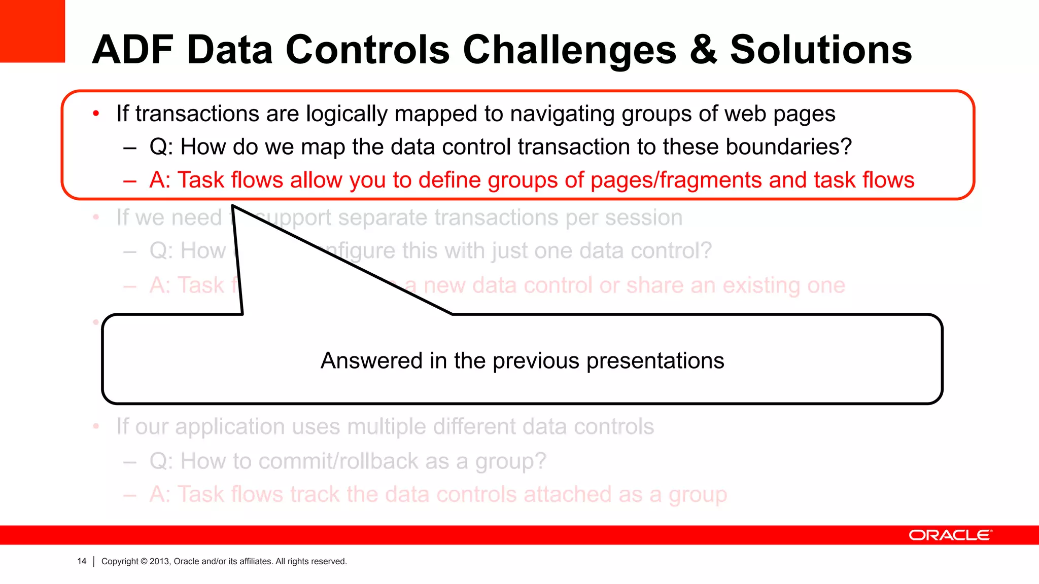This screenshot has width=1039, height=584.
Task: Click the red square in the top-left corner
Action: pos(32,30)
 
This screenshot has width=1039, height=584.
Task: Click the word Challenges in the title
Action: pos(569,50)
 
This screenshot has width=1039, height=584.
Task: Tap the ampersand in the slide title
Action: pos(704,50)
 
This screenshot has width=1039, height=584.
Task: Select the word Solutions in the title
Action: pos(821,50)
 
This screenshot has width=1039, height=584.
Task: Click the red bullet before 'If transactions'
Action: pos(96,114)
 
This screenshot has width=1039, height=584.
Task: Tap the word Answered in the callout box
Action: pos(371,361)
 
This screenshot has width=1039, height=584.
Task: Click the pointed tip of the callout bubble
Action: pos(233,206)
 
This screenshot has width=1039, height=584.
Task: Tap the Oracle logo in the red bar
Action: pos(950,535)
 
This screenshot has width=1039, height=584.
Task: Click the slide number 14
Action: pos(82,561)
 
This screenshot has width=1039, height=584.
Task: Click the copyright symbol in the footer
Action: pos(144,561)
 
